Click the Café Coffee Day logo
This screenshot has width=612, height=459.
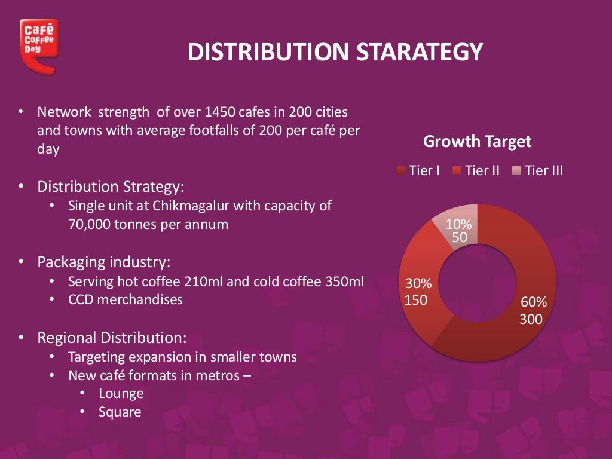(x=38, y=45)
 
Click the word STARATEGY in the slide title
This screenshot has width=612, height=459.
(x=419, y=53)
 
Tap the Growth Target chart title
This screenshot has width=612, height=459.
(x=477, y=142)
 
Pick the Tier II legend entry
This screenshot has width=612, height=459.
(x=476, y=171)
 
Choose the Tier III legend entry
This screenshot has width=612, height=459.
(x=537, y=171)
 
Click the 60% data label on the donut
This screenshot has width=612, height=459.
(x=533, y=303)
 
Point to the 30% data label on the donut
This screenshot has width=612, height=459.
(x=418, y=283)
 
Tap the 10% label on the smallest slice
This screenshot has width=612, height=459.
(x=459, y=225)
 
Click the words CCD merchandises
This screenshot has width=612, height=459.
(x=126, y=299)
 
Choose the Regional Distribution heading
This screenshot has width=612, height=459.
(x=112, y=338)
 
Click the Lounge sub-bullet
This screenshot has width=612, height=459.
(x=121, y=394)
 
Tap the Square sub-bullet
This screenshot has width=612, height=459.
(x=120, y=412)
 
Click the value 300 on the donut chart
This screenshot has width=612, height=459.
(x=531, y=319)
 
